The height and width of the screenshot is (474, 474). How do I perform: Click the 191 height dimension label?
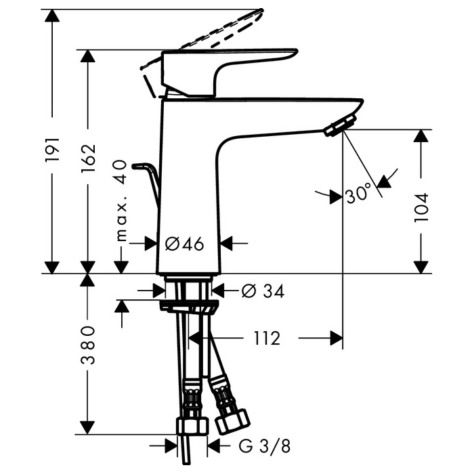click(x=53, y=149)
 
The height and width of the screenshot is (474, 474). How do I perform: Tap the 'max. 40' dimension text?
click(x=121, y=200)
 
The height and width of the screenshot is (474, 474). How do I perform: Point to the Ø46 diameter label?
click(x=184, y=244)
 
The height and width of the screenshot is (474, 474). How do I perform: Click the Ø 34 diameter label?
click(x=262, y=291)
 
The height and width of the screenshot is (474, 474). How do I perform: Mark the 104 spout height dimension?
click(x=421, y=209)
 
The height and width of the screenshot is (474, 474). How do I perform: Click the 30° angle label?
click(x=358, y=195)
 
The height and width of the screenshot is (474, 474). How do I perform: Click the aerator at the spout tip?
click(x=340, y=126)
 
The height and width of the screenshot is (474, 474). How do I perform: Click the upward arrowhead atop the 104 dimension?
click(x=421, y=135)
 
